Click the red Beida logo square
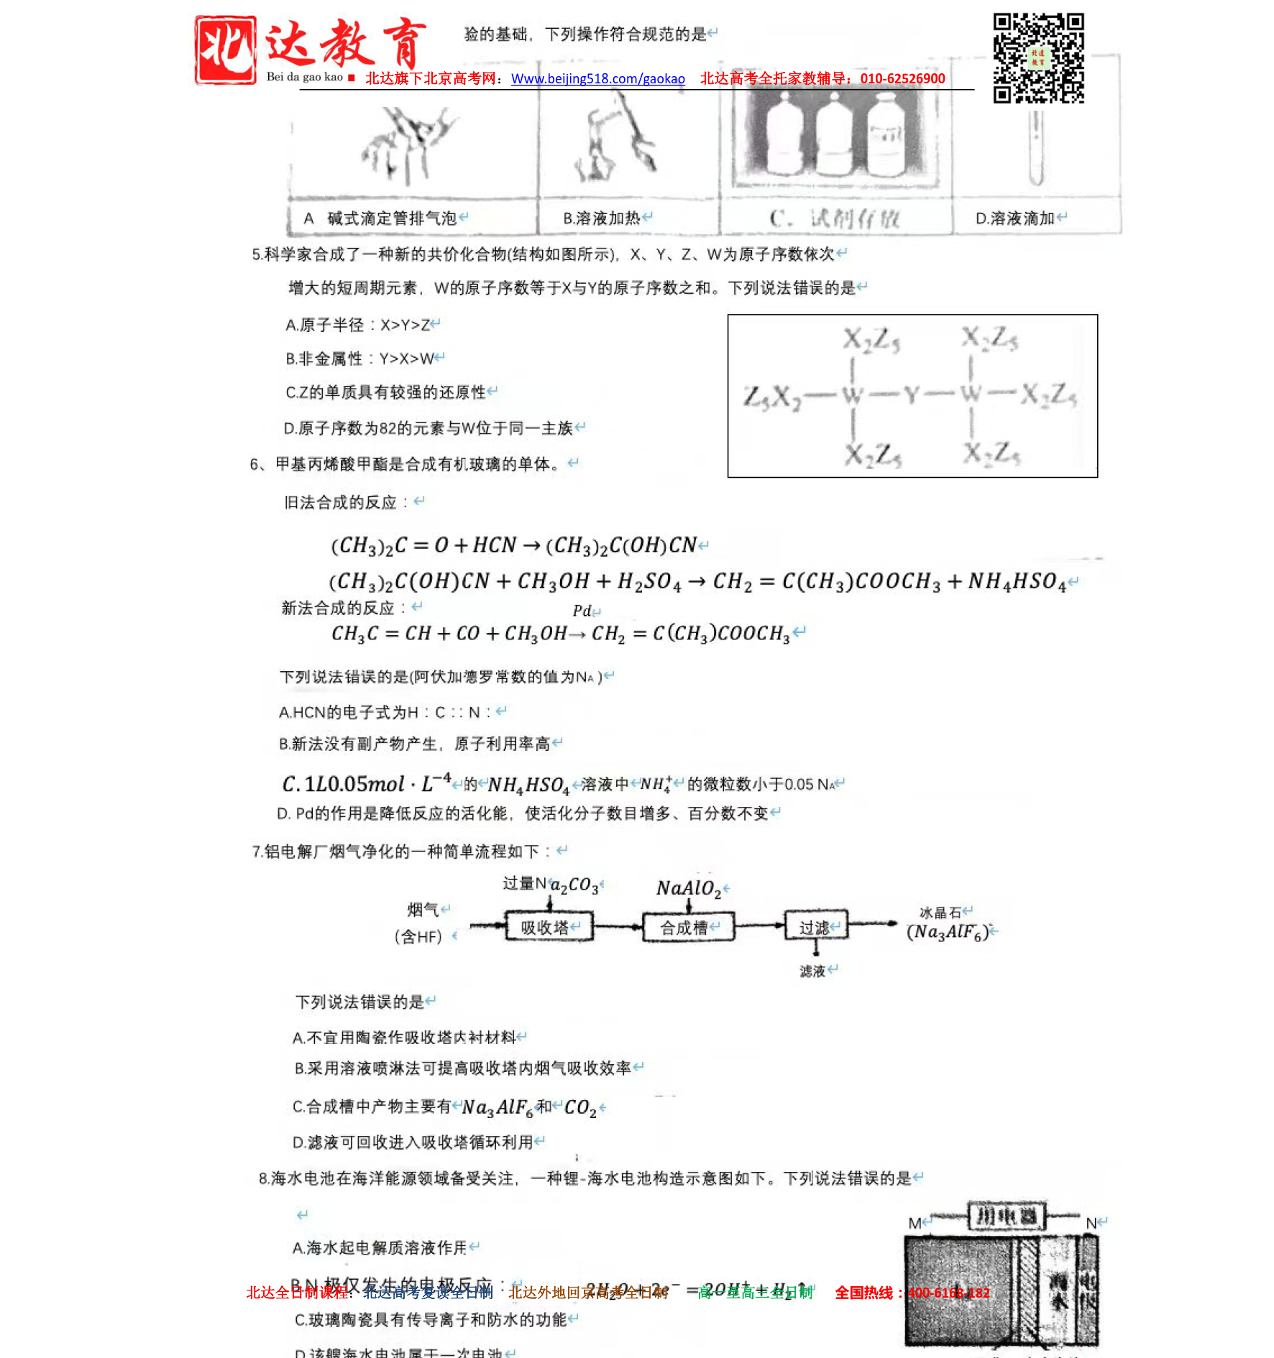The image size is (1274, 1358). pos(225,50)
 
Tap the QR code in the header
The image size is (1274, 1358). pos(1038,57)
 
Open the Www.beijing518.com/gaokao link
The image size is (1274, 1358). pos(597,79)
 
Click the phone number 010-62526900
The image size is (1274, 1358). pos(902,79)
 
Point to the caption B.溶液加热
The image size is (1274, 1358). pos(602,218)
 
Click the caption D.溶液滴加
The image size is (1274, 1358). pos(1014,218)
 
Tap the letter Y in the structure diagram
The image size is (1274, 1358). pos(912,394)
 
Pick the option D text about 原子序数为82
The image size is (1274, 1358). pos(428,429)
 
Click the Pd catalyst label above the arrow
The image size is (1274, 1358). pos(582,611)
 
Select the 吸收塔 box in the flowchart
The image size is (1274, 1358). pos(549,928)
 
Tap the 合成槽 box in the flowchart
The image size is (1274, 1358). pos(687,928)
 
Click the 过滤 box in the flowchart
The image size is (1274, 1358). pos(815,928)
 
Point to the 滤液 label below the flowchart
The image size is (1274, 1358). pos(813,971)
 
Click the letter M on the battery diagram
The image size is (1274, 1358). pos(915,1223)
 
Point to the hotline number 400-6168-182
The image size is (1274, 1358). pos(948,1293)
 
